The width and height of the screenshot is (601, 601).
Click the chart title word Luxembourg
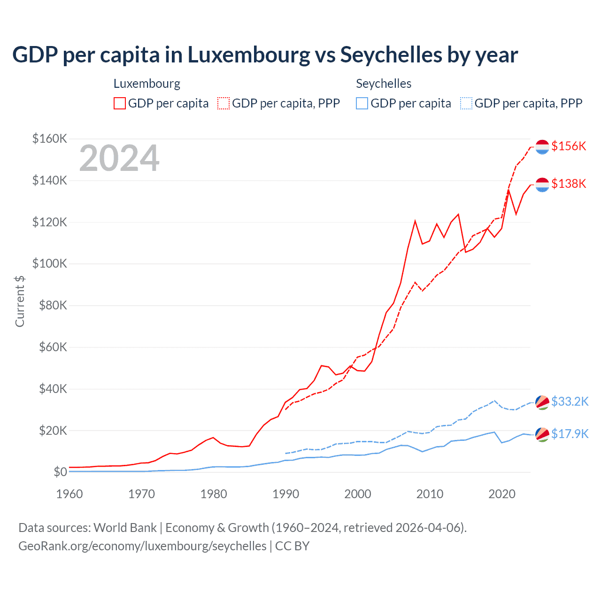point(249,55)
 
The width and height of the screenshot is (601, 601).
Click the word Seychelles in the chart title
point(391,55)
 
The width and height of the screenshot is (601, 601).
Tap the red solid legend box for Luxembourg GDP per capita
point(120,103)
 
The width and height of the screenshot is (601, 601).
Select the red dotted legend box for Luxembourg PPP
point(223,103)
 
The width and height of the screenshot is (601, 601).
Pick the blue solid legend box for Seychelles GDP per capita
point(362,103)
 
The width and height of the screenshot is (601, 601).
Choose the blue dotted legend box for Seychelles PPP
point(466,103)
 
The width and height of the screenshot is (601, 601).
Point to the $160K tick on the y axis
point(50,139)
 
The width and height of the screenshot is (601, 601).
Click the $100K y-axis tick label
point(50,263)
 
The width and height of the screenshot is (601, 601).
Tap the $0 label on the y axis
point(60,472)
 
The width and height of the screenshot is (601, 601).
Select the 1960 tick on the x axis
point(69,494)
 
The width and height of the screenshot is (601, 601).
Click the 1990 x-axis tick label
point(285,494)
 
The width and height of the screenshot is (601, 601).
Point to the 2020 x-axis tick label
point(502,494)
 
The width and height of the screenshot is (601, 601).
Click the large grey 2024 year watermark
point(119,159)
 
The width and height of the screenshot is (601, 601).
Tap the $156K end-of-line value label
point(569,146)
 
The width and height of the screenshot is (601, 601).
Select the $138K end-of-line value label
point(569,184)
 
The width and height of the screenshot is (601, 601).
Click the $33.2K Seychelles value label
point(570,401)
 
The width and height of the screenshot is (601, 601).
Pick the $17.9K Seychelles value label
point(570,434)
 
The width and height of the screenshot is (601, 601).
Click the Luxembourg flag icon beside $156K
point(542,146)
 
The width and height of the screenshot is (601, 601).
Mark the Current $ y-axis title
point(20,301)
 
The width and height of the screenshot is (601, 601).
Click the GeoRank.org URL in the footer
point(142,546)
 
